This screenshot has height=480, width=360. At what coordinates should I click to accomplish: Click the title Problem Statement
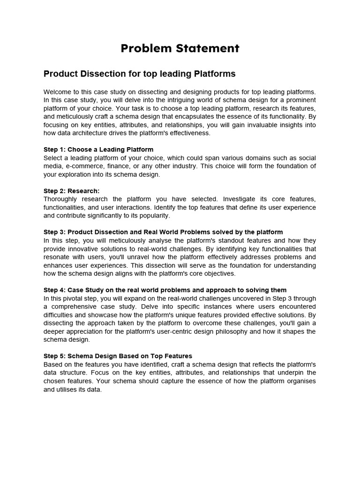(x=180, y=48)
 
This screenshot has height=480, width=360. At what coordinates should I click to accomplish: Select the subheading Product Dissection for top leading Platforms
(x=139, y=74)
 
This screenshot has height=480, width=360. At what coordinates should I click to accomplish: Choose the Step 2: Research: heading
(x=72, y=191)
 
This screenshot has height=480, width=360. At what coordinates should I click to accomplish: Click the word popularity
(x=154, y=216)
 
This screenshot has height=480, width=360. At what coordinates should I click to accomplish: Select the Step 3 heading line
(x=163, y=232)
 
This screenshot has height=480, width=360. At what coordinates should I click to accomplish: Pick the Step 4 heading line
(x=165, y=290)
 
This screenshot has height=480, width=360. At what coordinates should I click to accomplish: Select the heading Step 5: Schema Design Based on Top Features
(x=118, y=356)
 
